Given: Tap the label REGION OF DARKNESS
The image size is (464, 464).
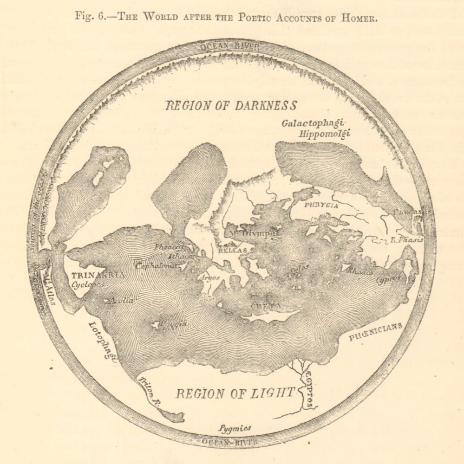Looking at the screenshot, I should (231, 106).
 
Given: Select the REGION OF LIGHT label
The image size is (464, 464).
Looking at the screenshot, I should (235, 393).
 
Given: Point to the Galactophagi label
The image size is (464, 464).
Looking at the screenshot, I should (312, 123).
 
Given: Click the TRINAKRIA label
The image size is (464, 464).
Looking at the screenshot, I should (91, 275).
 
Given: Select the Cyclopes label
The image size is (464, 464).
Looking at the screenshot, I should (87, 284).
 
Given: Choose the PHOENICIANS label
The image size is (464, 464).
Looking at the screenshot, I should (375, 332).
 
